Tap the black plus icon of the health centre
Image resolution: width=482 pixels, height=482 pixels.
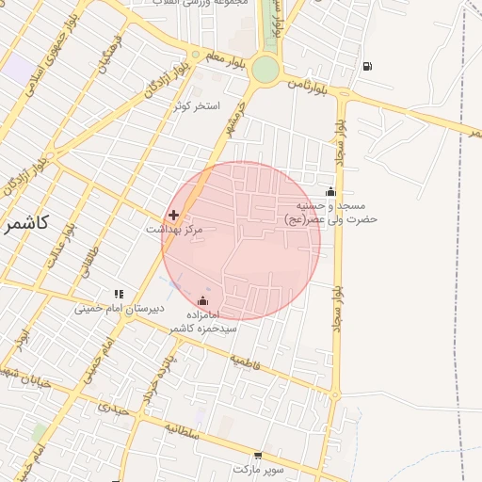[173, 215]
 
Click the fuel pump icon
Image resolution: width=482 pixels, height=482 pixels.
[366, 66]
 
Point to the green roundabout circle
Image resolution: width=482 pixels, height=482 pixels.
[265, 69]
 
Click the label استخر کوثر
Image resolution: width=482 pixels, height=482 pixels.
[197, 105]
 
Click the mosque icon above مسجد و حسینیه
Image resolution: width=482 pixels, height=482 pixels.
[329, 192]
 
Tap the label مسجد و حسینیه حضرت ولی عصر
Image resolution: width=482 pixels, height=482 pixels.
[330, 212]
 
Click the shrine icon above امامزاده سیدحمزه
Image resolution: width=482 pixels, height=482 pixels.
[203, 301]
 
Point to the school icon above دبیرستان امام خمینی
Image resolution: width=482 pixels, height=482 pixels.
[119, 294]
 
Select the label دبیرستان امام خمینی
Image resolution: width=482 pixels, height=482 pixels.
[120, 308]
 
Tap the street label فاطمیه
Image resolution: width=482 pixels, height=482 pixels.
[245, 361]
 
